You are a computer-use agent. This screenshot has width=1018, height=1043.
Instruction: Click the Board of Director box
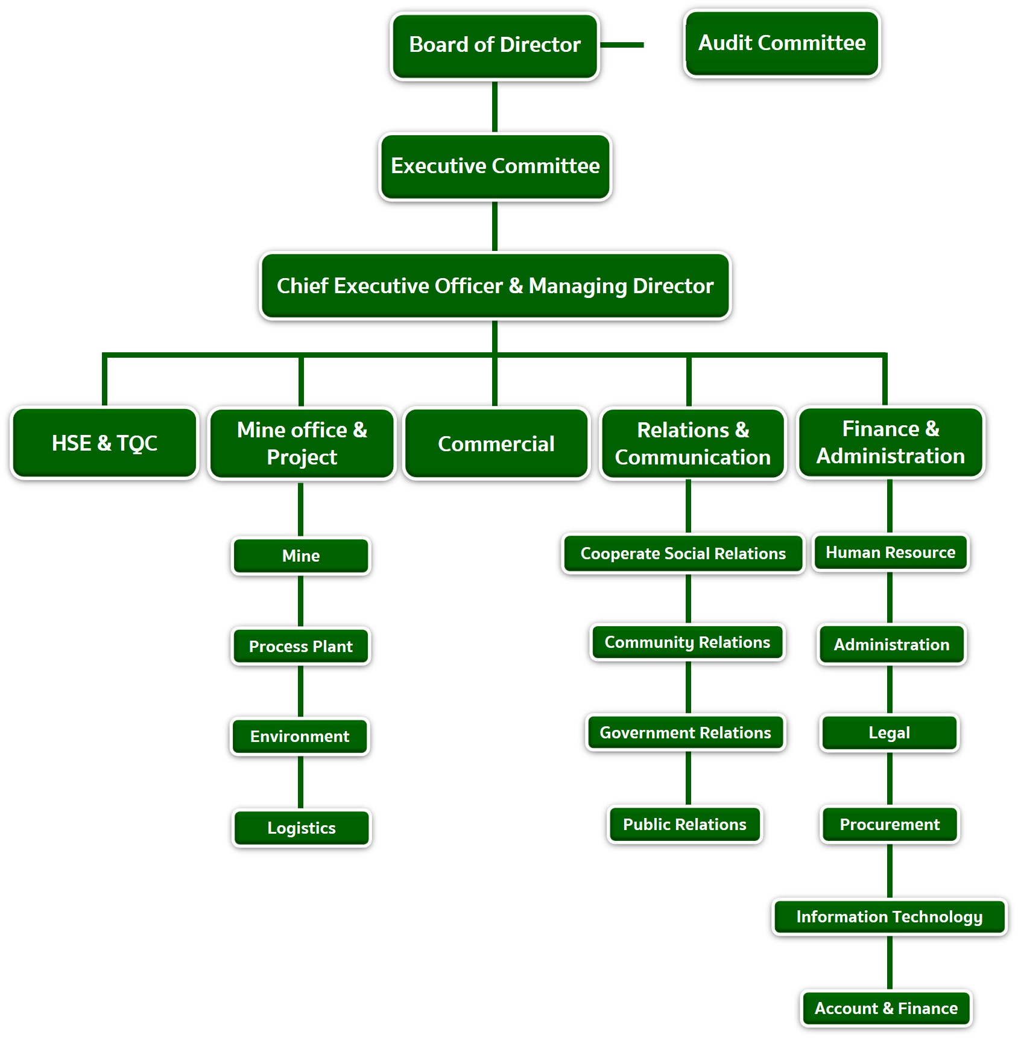coord(495,46)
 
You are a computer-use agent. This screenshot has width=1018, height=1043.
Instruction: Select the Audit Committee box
coord(782,43)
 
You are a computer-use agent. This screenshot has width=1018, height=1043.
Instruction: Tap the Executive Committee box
coord(495,166)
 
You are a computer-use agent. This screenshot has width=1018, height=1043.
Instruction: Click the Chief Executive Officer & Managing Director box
coord(495,286)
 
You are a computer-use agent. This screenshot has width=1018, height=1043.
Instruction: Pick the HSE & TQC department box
coord(104,443)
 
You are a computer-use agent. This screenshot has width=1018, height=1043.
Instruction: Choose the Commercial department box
coord(496,444)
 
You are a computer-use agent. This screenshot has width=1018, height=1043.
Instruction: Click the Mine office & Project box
coord(302,444)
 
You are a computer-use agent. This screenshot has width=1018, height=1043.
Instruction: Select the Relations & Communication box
coord(692,444)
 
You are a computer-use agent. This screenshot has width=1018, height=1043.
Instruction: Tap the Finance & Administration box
coord(890,443)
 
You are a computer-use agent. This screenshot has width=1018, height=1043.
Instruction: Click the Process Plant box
coord(300,646)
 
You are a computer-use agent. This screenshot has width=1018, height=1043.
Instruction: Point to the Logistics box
coord(302,828)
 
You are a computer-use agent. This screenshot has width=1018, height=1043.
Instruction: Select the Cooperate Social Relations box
coord(683,553)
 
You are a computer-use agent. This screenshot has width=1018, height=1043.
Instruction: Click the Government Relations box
coord(685,732)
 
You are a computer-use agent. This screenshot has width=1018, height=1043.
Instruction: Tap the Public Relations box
coord(684,824)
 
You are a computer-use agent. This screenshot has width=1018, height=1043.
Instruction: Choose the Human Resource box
coord(890,552)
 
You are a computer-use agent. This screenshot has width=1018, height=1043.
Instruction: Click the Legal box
coord(889,732)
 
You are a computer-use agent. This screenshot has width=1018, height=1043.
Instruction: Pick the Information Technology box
coord(889,916)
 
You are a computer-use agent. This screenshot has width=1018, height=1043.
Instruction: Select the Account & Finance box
coord(886,1008)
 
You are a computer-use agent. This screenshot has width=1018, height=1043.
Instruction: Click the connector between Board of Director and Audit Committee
coord(622,45)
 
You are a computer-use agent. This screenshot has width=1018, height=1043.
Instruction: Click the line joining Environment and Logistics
coord(300,782)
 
